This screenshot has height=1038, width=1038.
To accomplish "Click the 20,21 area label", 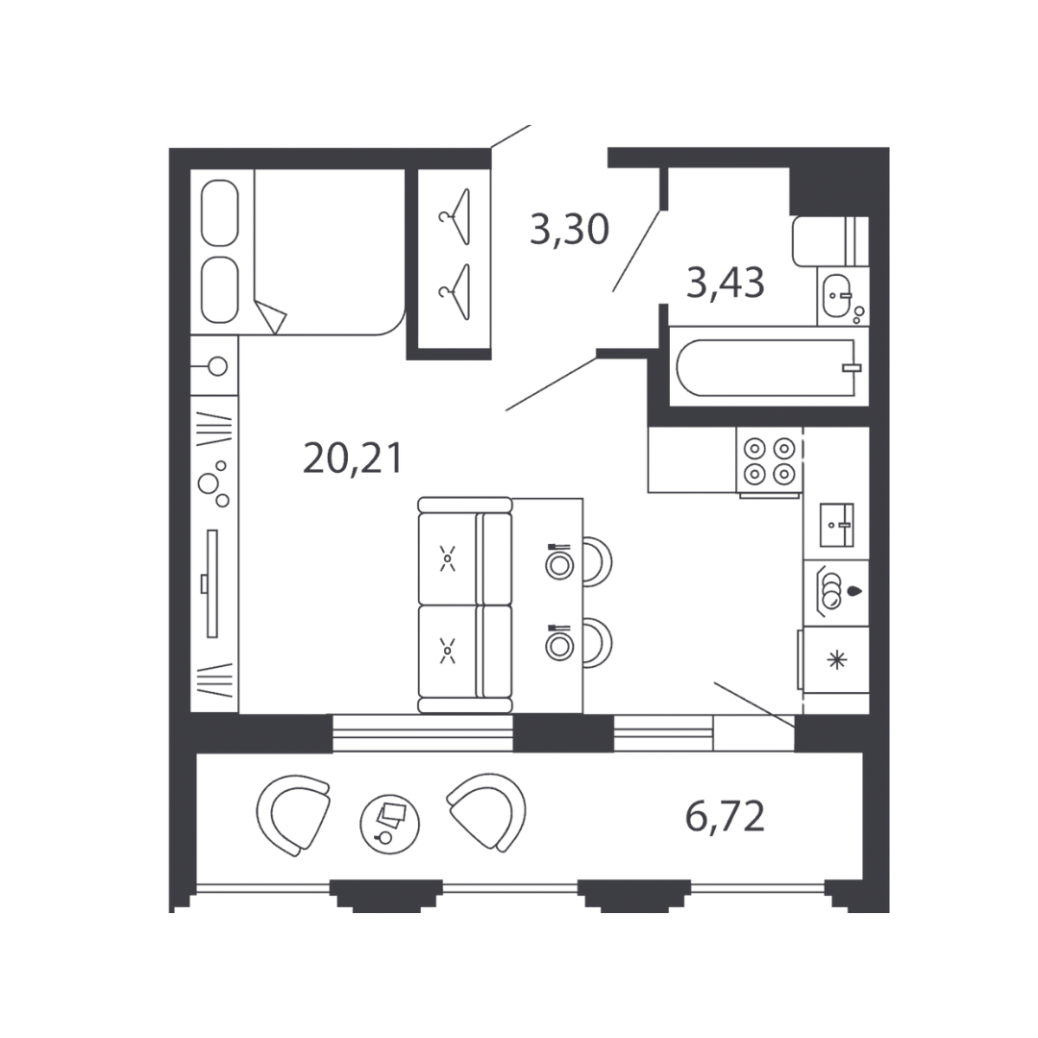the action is click(x=352, y=458).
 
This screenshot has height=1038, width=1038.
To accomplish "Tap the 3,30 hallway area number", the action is click(x=569, y=230).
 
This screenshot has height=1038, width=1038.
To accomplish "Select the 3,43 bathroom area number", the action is click(x=726, y=283).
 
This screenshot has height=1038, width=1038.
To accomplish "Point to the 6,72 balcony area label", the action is click(x=725, y=816).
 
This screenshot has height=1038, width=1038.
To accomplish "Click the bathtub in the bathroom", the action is click(x=766, y=367).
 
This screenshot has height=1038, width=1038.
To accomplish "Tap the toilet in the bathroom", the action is click(x=830, y=241).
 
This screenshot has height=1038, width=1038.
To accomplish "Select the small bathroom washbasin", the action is click(x=837, y=296).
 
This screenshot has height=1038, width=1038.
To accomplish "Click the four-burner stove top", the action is click(x=770, y=460).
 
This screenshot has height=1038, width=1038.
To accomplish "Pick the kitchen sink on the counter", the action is click(x=837, y=525).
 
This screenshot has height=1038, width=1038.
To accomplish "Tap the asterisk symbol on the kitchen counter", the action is click(x=837, y=659).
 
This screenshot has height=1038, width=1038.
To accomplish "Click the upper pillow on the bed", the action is click(x=220, y=213).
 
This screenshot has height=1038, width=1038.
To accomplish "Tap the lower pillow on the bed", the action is click(x=220, y=290).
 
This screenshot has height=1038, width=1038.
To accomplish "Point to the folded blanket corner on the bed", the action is click(x=271, y=317).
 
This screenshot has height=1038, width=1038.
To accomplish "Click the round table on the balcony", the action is click(x=389, y=825).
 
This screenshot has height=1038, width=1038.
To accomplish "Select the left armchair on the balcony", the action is click(x=292, y=815).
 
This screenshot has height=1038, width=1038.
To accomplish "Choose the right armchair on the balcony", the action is click(x=487, y=811).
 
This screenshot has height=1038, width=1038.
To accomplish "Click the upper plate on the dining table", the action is click(x=559, y=565).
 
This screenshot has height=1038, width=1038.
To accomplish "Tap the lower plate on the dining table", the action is click(x=559, y=646).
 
